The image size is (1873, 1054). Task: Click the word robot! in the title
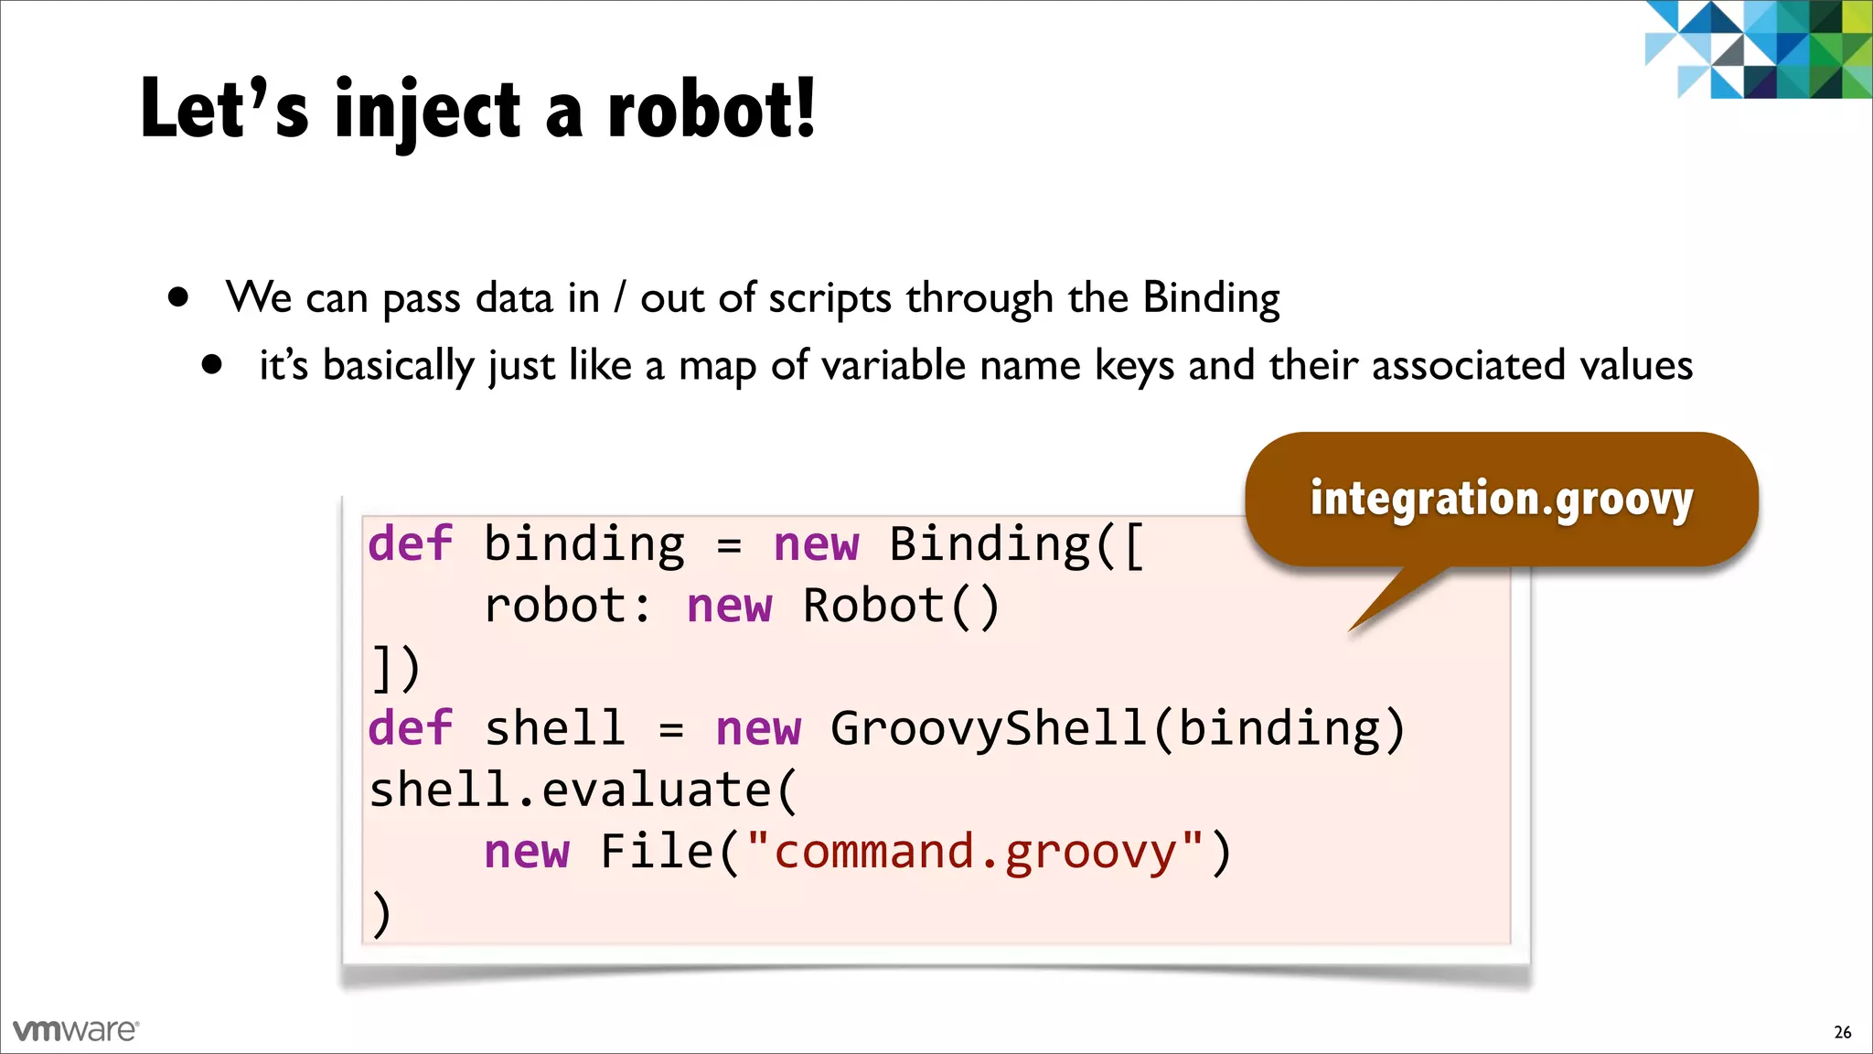(711, 110)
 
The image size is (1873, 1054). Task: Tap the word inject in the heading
(428, 112)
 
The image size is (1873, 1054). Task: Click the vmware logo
(76, 1030)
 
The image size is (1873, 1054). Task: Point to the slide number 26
(1842, 1032)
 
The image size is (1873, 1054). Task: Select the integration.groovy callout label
(1501, 500)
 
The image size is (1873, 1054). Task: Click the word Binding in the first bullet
(1211, 298)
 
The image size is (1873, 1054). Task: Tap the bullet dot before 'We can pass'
(178, 297)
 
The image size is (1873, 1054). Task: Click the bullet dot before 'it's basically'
(212, 365)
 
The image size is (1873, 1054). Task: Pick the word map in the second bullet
(717, 367)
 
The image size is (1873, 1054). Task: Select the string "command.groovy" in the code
(975, 851)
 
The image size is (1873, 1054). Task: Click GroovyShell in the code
(988, 729)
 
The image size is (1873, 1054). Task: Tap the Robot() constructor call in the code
(901, 606)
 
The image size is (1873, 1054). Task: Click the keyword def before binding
(410, 543)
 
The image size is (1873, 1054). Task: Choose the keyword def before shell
(410, 729)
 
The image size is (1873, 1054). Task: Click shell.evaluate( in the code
(583, 790)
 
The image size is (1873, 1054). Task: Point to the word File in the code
(657, 851)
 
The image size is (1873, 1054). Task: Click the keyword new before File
(527, 853)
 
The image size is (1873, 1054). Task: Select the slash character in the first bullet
(620, 298)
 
